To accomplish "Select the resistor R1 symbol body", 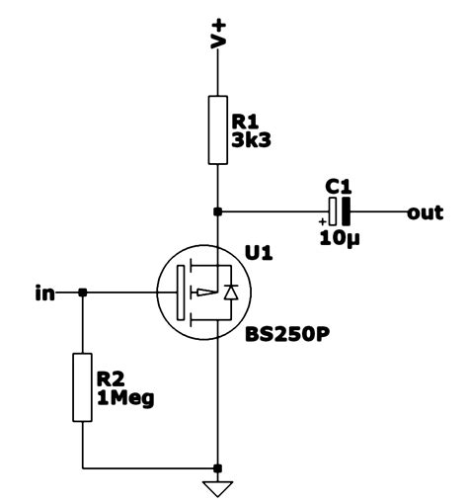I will click(218, 129).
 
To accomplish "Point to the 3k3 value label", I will click(251, 139).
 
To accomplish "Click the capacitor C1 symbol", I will click(339, 210).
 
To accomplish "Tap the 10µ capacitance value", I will click(339, 237).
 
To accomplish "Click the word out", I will click(426, 211).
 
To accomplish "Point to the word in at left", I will click(43, 293).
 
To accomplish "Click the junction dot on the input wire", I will click(83, 293).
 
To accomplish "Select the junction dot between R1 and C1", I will click(218, 211).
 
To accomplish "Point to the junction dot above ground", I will click(218, 467).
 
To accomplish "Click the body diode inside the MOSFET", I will click(232, 292).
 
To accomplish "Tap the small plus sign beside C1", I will click(322, 220).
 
